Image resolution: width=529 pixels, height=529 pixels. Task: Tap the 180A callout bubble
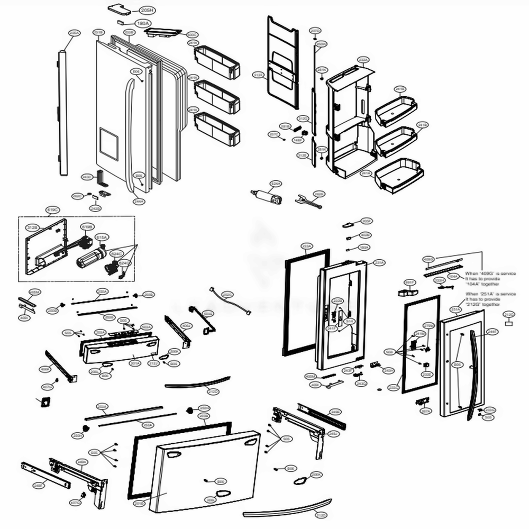[x=142, y=24]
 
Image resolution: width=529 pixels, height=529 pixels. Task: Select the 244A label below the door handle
[x=139, y=201]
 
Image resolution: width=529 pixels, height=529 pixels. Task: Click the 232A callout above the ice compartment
[x=363, y=60]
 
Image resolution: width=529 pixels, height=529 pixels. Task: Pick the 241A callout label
[x=365, y=173]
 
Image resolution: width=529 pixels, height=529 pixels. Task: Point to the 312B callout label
[x=33, y=227]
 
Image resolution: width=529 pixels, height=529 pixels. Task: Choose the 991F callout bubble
[x=409, y=282]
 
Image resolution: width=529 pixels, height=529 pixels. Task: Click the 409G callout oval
[x=429, y=259]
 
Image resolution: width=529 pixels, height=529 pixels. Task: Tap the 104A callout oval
[x=453, y=276]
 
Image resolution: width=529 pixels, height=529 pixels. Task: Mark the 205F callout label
[x=366, y=221]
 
